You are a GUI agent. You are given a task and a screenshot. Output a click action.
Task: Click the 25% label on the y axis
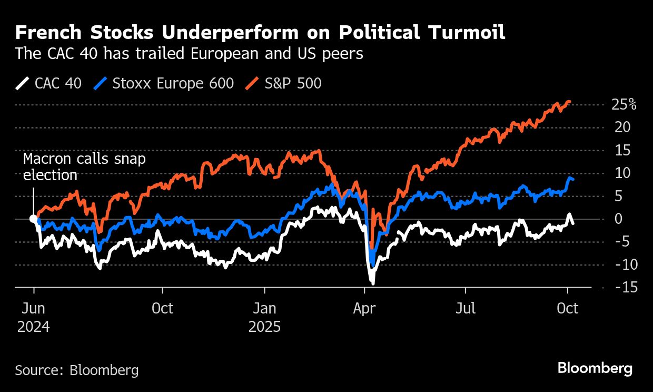[624, 104]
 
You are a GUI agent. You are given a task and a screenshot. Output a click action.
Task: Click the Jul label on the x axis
[465, 308]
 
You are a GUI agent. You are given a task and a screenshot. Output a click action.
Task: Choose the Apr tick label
[364, 308]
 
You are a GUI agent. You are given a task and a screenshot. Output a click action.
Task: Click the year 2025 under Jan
[265, 327]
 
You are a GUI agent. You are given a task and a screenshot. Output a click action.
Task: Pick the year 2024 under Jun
[34, 327]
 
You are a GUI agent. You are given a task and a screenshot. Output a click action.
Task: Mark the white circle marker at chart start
[33, 219]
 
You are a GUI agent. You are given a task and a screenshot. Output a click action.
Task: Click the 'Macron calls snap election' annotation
[84, 167]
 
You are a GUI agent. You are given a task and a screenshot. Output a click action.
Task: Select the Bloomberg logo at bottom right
[595, 368]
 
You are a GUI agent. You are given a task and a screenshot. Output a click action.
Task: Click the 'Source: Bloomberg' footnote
[77, 370]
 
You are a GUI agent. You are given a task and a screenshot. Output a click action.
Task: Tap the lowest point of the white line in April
[373, 283]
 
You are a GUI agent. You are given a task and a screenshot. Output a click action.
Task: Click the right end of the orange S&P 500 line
[569, 102]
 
